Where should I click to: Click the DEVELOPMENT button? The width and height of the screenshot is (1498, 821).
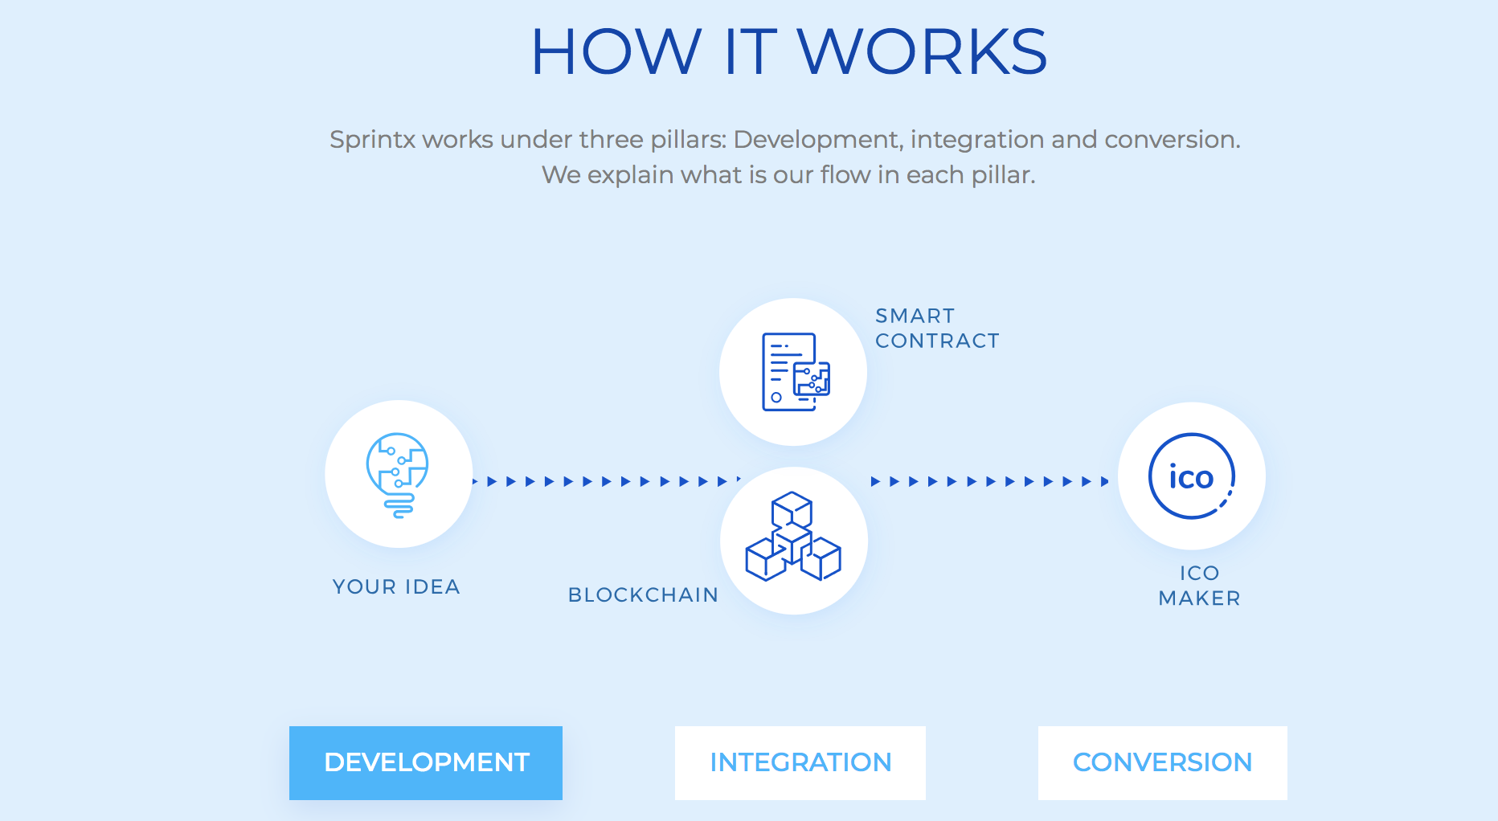point(426,762)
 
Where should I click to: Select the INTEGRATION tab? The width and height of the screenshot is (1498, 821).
point(800,762)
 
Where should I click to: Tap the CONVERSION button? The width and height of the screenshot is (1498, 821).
point(1162,762)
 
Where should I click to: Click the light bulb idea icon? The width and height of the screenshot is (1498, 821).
point(398,475)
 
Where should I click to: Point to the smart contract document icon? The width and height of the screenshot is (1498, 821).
point(795,372)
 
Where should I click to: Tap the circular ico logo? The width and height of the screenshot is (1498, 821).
point(1191,476)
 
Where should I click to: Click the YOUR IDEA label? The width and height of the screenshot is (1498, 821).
point(396,587)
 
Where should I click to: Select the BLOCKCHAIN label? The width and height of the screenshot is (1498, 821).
point(643,595)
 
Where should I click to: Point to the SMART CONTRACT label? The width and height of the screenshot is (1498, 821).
point(937,329)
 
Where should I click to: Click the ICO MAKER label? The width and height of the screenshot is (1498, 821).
point(1199,586)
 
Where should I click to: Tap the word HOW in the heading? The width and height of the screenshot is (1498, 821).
point(616,52)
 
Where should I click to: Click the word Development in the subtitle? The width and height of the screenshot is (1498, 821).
point(817,140)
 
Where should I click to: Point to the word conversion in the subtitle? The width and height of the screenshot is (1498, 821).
point(1172,140)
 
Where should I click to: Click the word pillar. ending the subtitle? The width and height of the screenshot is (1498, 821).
point(1003,175)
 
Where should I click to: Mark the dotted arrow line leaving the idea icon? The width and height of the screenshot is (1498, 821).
point(607,481)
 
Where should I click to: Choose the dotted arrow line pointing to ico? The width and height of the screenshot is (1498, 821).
point(990,482)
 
